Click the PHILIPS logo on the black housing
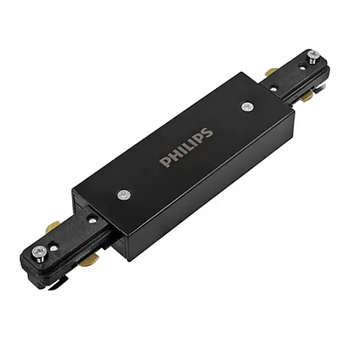186,148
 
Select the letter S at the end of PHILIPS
207,133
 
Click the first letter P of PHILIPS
164,161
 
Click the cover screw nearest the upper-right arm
248,107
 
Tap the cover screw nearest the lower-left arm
124,194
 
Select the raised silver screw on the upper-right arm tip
314,57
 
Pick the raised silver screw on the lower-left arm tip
40,253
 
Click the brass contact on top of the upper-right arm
271,72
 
